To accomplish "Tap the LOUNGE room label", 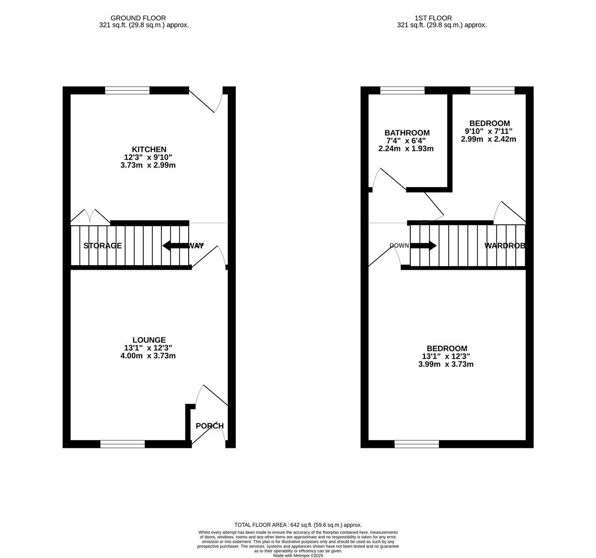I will point(148,340).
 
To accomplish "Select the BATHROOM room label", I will point(406,133).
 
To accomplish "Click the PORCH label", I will point(209,426).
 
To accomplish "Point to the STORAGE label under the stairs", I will point(102,246).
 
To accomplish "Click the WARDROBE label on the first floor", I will point(505,246).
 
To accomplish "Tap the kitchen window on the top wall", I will point(127,90).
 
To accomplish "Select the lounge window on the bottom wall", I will point(123,444).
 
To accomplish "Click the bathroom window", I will point(402,90).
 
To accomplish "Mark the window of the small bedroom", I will point(492,90).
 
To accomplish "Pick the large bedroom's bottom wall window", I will point(417,444).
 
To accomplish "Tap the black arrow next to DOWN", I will point(423,245).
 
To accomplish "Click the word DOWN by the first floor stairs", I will point(399,245).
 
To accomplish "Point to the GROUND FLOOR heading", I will point(138,18).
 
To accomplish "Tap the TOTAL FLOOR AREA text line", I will point(298,524).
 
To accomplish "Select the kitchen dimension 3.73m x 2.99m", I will point(148,165).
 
